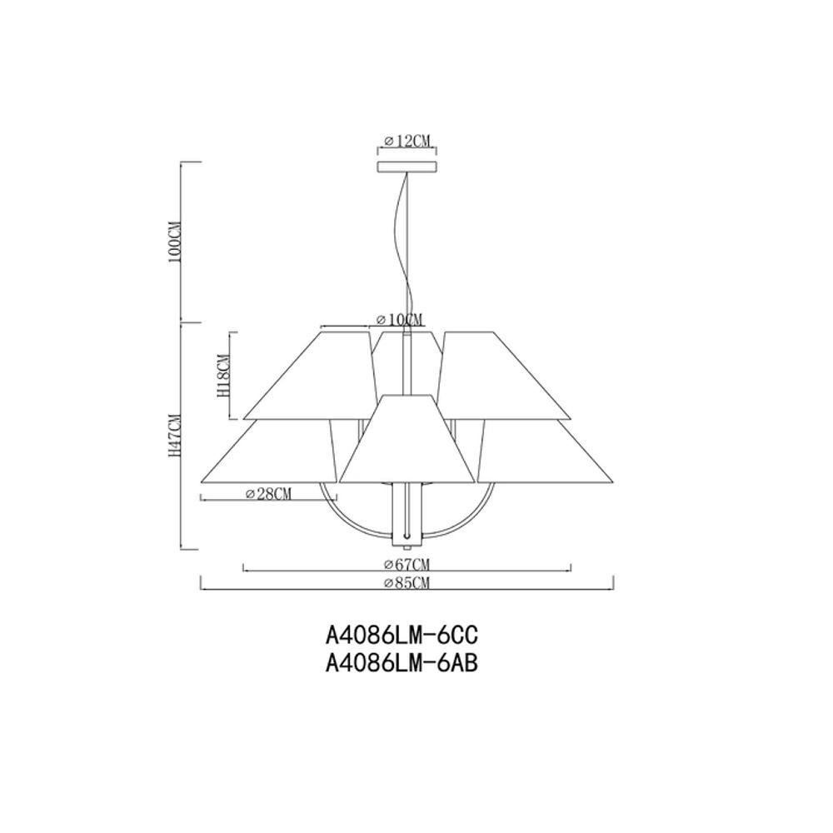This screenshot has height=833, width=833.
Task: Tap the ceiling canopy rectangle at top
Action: [x=407, y=167]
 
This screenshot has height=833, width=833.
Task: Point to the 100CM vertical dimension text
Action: [x=174, y=242]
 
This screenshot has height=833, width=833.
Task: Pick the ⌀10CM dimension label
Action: [x=399, y=320]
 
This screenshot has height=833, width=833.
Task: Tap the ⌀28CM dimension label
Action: [x=269, y=494]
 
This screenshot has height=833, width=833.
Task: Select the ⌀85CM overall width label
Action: [x=407, y=583]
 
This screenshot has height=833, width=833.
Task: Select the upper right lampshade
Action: [x=504, y=379]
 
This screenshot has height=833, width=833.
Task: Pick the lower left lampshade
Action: [x=271, y=454]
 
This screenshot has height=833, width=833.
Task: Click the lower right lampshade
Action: [x=546, y=454]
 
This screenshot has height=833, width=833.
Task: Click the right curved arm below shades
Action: [x=463, y=516]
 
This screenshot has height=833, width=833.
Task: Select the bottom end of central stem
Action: [x=407, y=546]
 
